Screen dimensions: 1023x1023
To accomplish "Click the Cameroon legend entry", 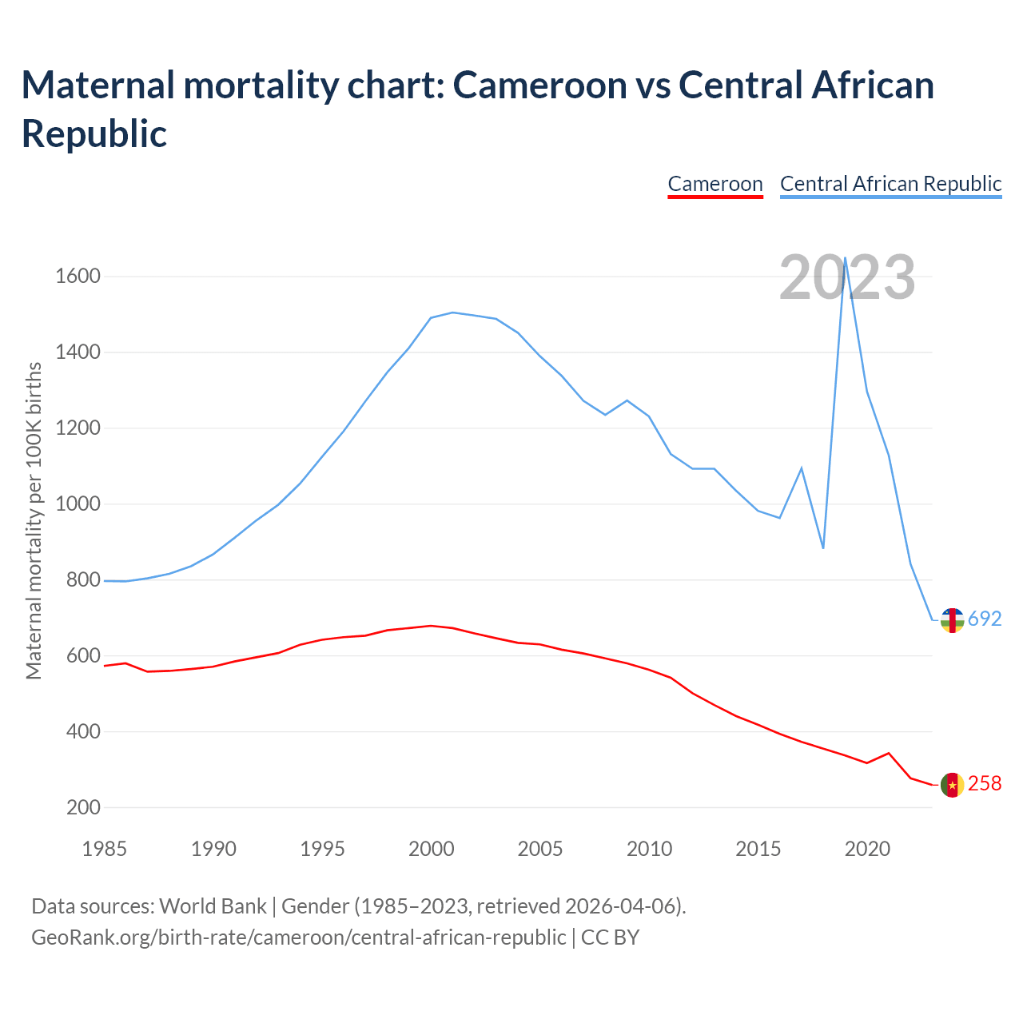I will pyautogui.click(x=715, y=184).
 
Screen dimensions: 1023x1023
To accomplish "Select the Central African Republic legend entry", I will pyautogui.click(x=890, y=184).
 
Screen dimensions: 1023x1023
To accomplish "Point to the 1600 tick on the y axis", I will pyautogui.click(x=78, y=277).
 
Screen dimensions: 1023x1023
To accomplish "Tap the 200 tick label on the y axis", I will pyautogui.click(x=84, y=807).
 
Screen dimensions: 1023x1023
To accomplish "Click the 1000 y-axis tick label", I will pyautogui.click(x=78, y=504).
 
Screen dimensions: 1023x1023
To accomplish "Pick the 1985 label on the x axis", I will pyautogui.click(x=104, y=849).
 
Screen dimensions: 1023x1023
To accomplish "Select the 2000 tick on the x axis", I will pyautogui.click(x=431, y=849).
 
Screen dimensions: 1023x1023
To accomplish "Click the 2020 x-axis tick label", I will pyautogui.click(x=867, y=849).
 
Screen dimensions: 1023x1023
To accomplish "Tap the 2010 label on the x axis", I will pyautogui.click(x=649, y=849).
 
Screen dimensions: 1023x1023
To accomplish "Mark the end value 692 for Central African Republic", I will pyautogui.click(x=985, y=619).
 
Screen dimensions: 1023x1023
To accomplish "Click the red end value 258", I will pyautogui.click(x=985, y=784).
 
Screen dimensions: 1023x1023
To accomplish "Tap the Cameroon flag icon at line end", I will pyautogui.click(x=952, y=785).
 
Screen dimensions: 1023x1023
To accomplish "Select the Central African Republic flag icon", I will pyautogui.click(x=952, y=619).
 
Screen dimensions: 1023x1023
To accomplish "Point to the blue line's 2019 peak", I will pyautogui.click(x=845, y=258).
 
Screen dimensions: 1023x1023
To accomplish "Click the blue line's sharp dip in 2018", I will pyautogui.click(x=823, y=547).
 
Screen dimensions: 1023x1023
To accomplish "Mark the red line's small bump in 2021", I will pyautogui.click(x=889, y=753).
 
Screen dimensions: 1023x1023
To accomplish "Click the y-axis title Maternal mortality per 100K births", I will pyautogui.click(x=34, y=521).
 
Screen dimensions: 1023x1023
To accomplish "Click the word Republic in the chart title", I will pyautogui.click(x=94, y=133).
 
